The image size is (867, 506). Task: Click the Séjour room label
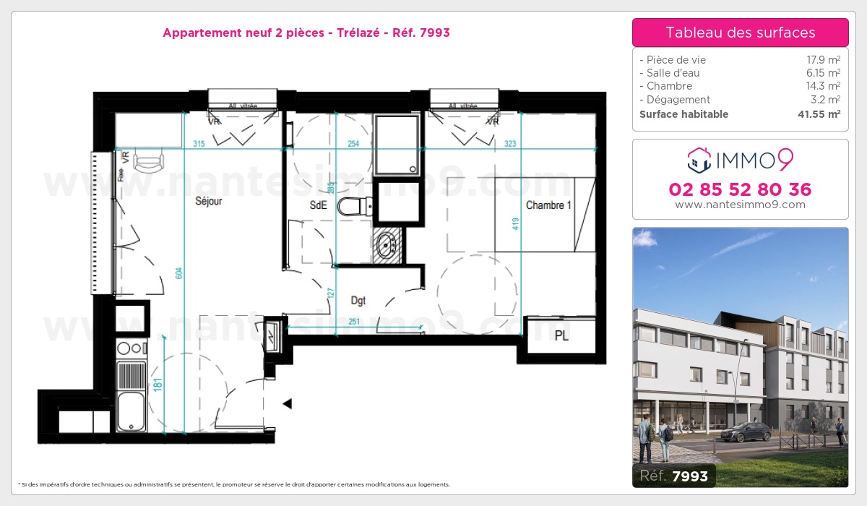(x=208, y=202)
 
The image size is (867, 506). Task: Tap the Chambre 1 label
(x=548, y=205)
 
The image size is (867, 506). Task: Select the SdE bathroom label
(x=318, y=205)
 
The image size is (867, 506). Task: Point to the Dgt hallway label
(x=359, y=299)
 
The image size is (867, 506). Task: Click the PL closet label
(x=561, y=336)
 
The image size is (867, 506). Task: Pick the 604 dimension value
(x=179, y=273)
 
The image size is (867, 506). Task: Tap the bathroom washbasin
(x=387, y=246)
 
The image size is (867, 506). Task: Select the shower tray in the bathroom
(x=396, y=145)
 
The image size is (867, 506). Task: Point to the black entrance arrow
(x=287, y=403)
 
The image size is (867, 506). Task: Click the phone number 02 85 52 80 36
(x=740, y=189)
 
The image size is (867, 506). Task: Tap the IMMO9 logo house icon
(x=699, y=160)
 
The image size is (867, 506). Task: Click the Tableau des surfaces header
(x=740, y=33)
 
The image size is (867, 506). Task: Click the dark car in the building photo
(x=746, y=432)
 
